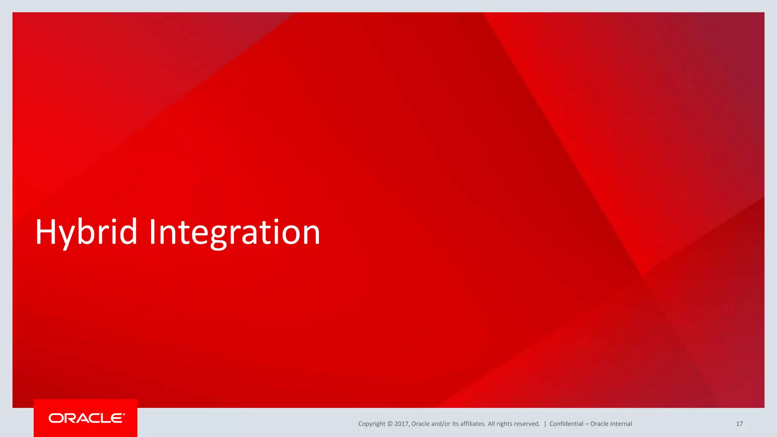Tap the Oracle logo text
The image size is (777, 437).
pos(86,418)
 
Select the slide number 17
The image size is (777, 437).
pos(739,424)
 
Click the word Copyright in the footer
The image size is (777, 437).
pos(371,424)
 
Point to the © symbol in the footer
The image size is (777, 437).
pos(390,424)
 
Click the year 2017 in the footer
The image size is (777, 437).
pos(401,424)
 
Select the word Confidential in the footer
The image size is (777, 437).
pos(566,424)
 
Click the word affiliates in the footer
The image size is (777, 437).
pos(473,424)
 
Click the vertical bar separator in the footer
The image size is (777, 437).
pos(545,424)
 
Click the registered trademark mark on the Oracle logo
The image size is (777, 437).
pos(124,414)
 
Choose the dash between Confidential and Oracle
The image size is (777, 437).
pos(587,424)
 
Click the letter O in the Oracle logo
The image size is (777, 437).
pos(55,418)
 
